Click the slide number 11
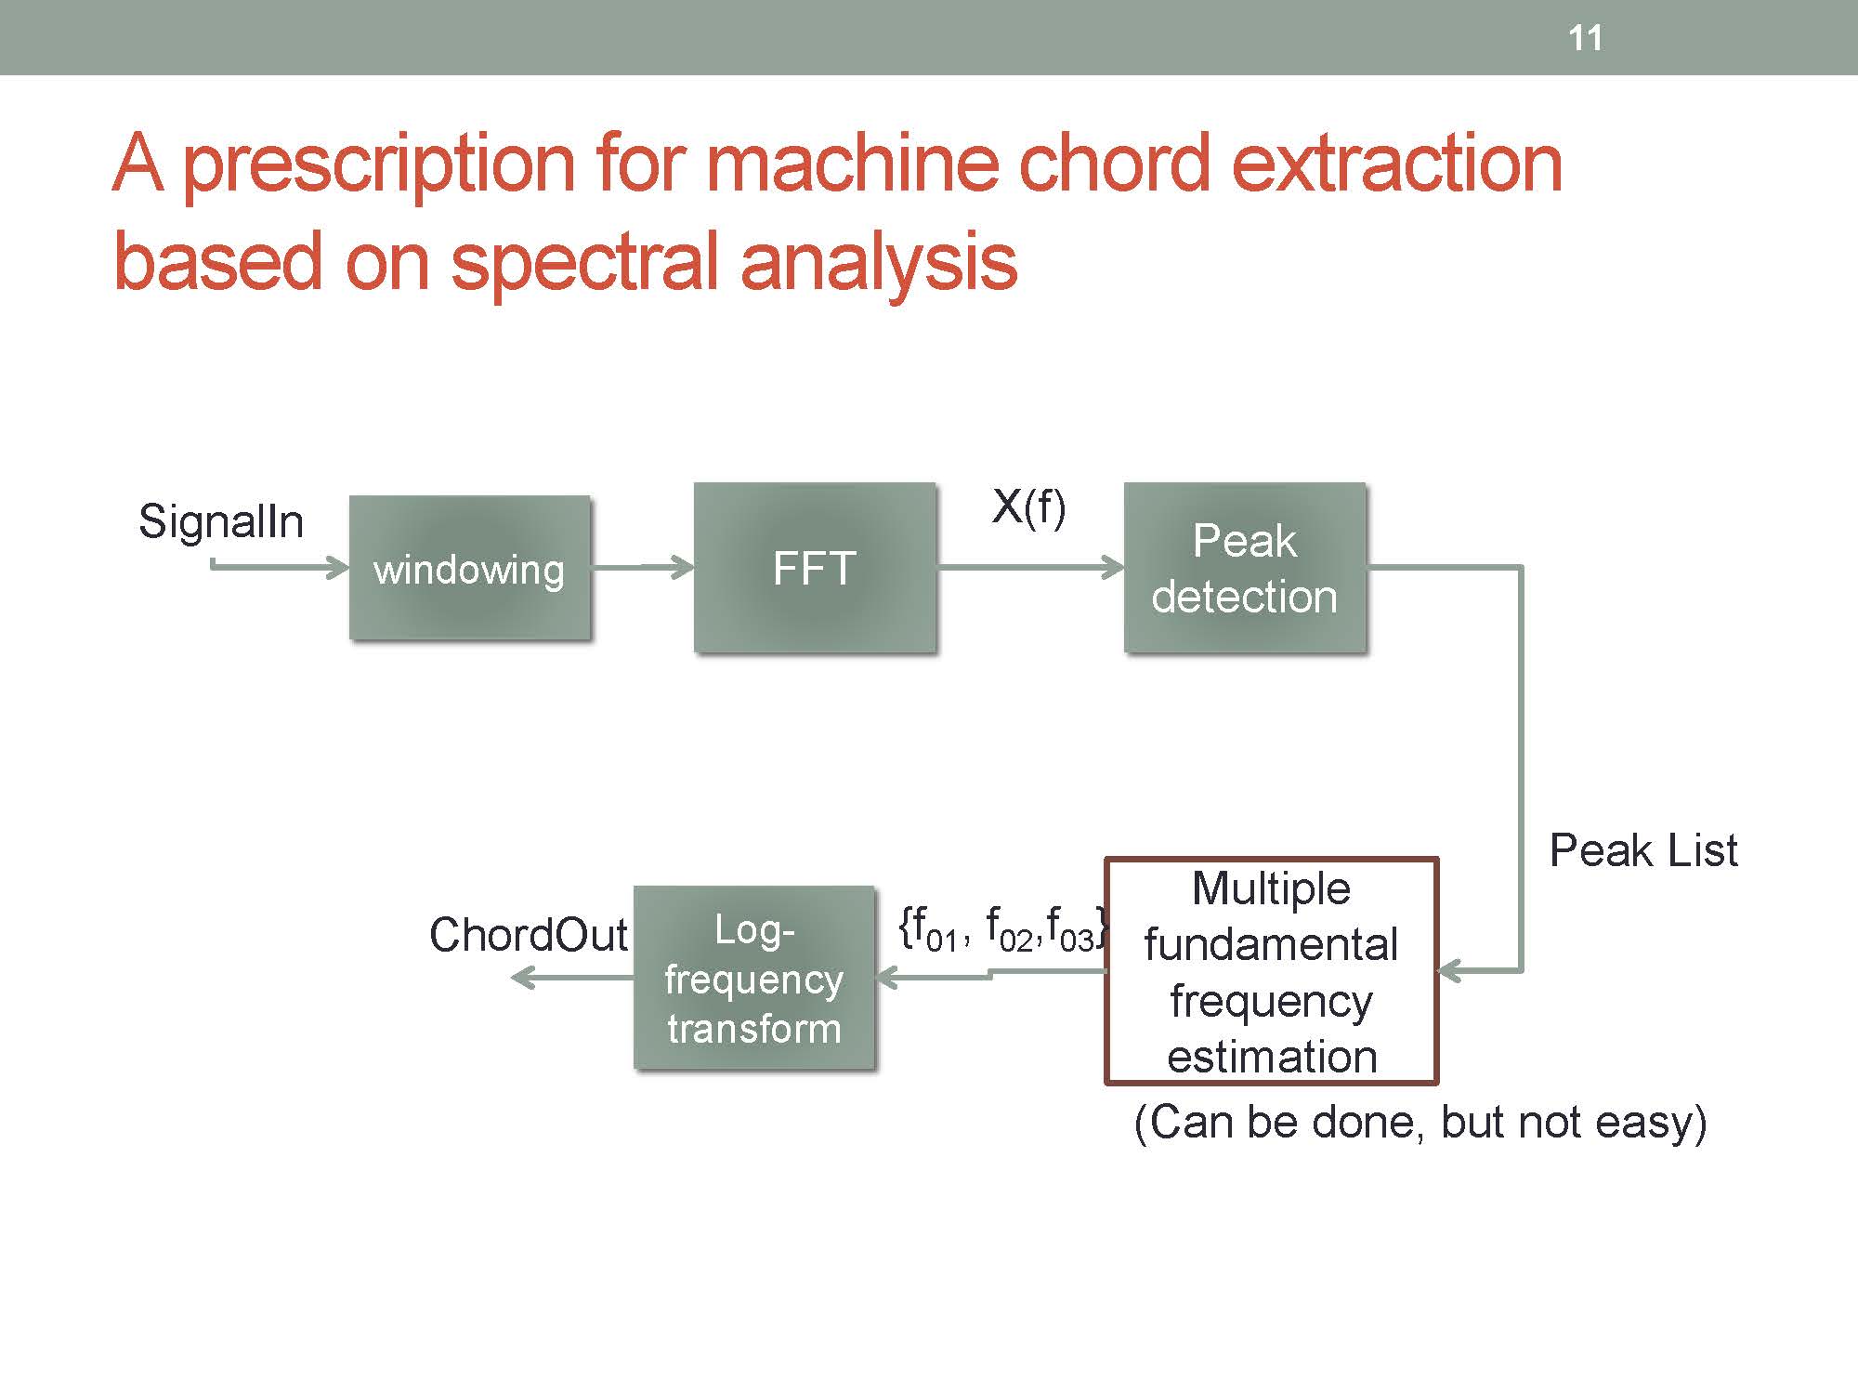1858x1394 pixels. pyautogui.click(x=1585, y=38)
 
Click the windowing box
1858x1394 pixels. pyautogui.click(x=470, y=568)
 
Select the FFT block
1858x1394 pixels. pyautogui.click(x=815, y=567)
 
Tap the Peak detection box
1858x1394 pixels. pyautogui.click(x=1245, y=567)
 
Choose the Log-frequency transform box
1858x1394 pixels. pyautogui.click(x=754, y=978)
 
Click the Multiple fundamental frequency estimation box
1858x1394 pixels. pyautogui.click(x=1271, y=971)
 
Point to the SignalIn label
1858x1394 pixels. pyautogui.click(x=221, y=521)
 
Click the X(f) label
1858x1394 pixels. pyautogui.click(x=1028, y=507)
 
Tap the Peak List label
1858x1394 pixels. pyautogui.click(x=1643, y=850)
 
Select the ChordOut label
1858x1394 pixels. pyautogui.click(x=528, y=935)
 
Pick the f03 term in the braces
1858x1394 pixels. pyautogui.click(x=1070, y=929)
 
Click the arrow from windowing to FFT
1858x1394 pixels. pyautogui.click(x=643, y=567)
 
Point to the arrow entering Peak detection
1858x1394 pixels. pyautogui.click(x=1030, y=567)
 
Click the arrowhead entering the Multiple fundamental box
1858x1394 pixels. pyautogui.click(x=1450, y=971)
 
